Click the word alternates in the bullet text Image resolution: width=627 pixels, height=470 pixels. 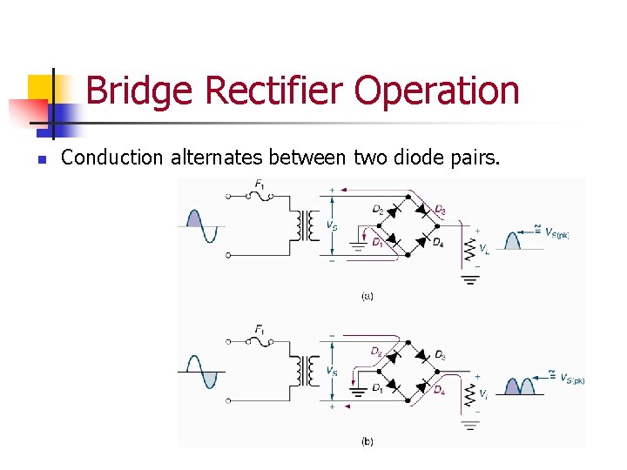tap(216, 158)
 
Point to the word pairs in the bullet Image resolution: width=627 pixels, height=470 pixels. tap(470, 158)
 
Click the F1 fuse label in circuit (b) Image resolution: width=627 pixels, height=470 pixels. tap(260, 329)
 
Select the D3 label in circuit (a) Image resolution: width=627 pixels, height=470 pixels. tap(440, 210)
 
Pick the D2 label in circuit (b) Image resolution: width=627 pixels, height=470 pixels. tap(376, 352)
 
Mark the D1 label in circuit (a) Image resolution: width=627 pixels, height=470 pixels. tap(376, 242)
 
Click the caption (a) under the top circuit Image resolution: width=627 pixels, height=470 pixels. tap(367, 297)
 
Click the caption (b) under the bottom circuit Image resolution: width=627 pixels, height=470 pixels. tap(367, 441)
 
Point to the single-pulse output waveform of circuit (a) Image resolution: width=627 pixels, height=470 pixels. tap(513, 239)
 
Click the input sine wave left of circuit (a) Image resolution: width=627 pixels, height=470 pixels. tap(201, 225)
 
